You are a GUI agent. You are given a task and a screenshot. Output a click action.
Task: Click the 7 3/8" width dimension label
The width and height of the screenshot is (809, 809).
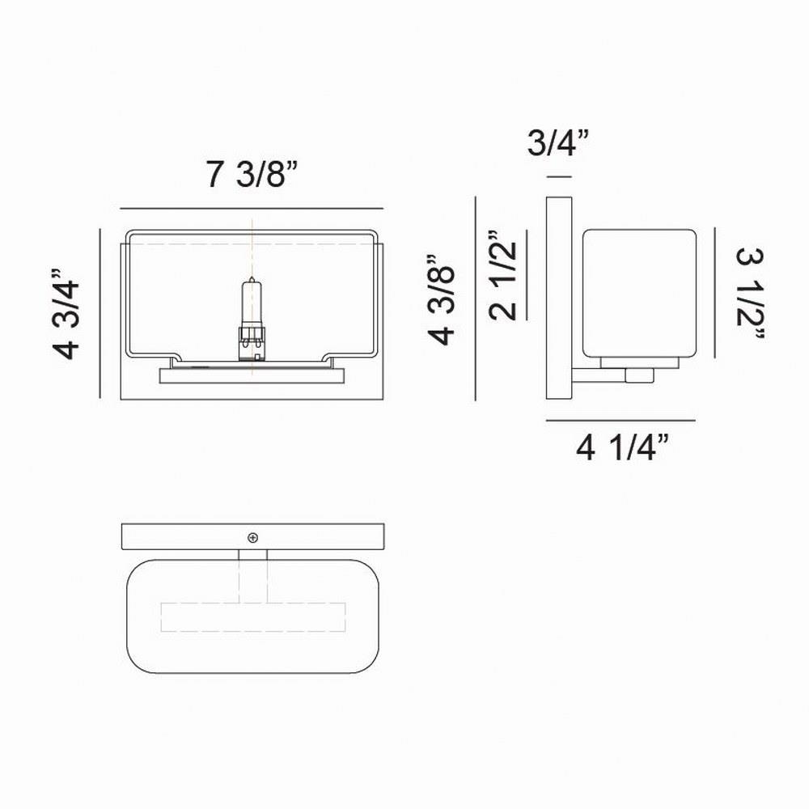tap(252, 174)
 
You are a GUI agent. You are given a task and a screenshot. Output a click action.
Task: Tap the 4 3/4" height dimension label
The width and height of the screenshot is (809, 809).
tap(66, 314)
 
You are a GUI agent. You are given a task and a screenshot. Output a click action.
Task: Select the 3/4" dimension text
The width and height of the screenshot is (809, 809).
tap(557, 142)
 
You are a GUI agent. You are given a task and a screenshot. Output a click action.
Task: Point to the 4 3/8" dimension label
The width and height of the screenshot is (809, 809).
tap(441, 299)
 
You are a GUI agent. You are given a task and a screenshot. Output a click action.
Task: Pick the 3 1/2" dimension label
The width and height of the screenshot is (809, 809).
tap(750, 293)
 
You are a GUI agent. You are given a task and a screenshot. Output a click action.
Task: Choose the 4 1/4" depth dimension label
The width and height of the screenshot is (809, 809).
tap(622, 447)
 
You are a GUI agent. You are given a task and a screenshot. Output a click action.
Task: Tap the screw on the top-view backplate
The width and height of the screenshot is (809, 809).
tap(252, 538)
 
